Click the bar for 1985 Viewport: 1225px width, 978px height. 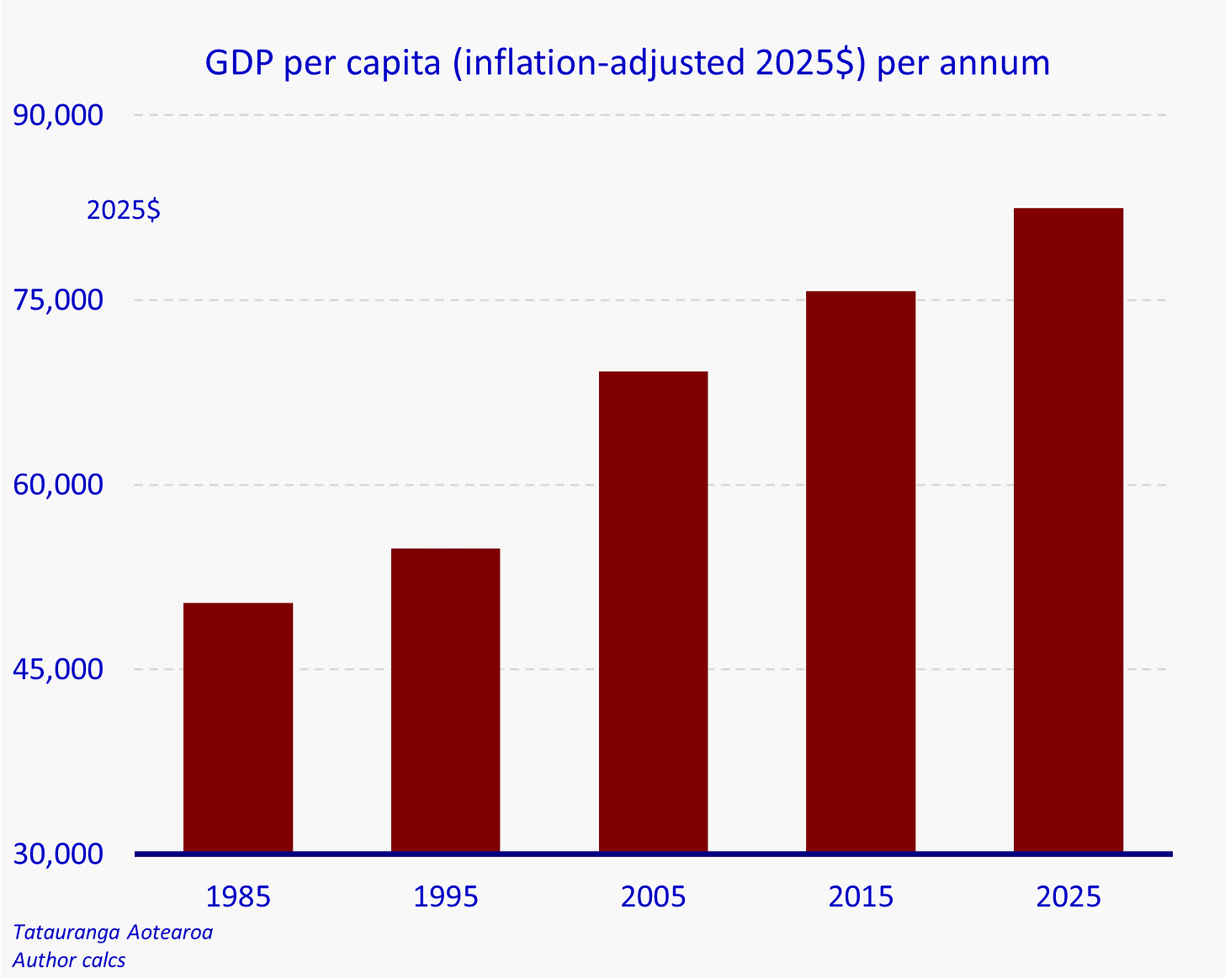238,727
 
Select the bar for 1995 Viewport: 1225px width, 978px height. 445,700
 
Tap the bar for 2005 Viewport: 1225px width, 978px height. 653,612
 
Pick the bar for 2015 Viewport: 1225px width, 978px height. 861,571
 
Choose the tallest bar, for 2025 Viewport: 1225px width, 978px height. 1068,530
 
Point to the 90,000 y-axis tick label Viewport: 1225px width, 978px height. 58,115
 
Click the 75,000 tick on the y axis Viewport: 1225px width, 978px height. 58,300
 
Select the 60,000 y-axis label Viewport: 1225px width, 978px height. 58,485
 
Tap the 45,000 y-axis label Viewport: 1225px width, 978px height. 58,669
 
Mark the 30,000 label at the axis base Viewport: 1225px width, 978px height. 58,854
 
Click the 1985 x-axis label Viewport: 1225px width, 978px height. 238,897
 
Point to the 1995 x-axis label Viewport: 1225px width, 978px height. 445,897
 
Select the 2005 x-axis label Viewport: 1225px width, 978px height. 653,897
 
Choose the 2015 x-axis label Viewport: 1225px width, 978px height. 861,897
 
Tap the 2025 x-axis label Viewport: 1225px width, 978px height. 1069,897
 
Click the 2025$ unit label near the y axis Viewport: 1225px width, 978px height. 124,210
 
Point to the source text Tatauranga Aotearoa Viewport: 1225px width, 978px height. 113,933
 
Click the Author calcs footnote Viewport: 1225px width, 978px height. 69,959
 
